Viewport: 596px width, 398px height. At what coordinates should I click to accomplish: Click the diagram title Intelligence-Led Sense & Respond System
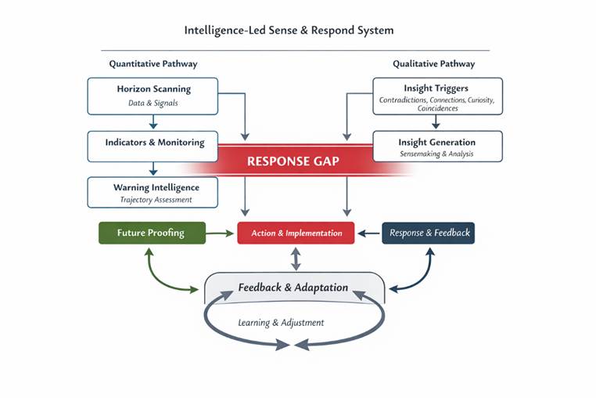coord(289,31)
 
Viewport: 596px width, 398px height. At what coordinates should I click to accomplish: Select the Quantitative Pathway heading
coord(153,63)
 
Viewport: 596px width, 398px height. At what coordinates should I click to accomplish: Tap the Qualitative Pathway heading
coord(433,63)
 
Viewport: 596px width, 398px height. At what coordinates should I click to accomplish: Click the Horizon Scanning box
coord(153,95)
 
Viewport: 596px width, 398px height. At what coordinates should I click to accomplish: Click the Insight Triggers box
coord(436,95)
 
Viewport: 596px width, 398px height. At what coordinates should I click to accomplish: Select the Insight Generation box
coord(436,147)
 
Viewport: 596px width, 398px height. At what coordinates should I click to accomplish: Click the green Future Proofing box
coord(151,233)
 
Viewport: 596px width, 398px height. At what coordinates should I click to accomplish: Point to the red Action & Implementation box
coord(296,233)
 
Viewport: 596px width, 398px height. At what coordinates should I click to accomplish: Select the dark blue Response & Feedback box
coord(428,233)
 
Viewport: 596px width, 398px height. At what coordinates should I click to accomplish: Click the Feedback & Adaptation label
coord(293,288)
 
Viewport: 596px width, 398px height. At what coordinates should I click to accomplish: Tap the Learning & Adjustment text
coord(281,323)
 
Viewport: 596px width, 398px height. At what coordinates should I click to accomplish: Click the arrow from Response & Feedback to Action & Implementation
coord(368,233)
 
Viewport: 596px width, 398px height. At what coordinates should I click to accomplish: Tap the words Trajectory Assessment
coord(156,200)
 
